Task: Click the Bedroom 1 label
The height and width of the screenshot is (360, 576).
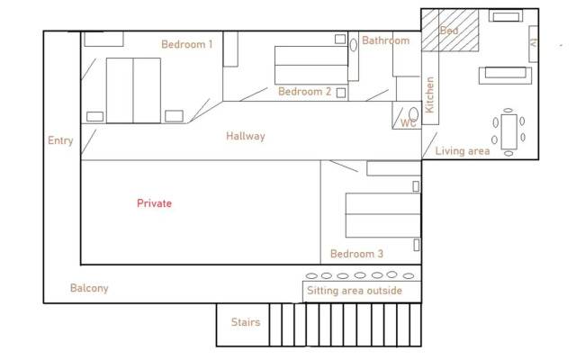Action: pos(186,44)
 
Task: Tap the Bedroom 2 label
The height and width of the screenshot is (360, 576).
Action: pos(304,92)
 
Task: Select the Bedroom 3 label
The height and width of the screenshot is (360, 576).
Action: pos(356,254)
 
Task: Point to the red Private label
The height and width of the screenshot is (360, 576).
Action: pos(154,203)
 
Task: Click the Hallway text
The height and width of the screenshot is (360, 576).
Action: pos(246,137)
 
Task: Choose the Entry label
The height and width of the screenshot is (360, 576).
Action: pos(60,140)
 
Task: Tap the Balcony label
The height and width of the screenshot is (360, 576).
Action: pos(89,288)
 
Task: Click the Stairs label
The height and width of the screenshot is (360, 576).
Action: pos(246,322)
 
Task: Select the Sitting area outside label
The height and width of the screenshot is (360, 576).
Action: pos(354,292)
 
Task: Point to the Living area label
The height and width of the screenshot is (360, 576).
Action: pos(463,151)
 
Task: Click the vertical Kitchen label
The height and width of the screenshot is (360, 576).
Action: pos(430,94)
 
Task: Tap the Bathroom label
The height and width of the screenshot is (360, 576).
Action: pos(385,40)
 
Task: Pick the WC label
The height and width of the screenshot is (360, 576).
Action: pos(409,123)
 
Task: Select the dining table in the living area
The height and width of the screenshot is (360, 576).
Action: pos(509,131)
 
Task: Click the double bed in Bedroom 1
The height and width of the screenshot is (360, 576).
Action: pos(133,90)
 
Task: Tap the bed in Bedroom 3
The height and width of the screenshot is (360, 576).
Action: pos(382,215)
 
